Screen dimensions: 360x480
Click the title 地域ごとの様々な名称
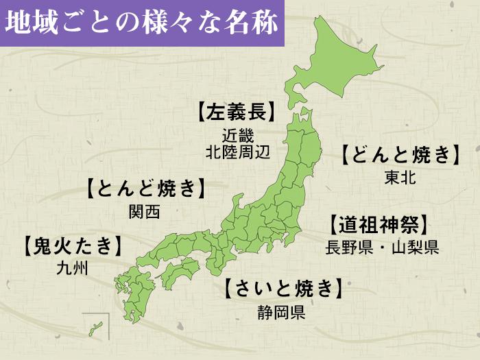(141, 23)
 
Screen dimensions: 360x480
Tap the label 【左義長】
(237, 112)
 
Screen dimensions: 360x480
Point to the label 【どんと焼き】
(400, 155)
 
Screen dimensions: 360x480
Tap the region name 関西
(144, 211)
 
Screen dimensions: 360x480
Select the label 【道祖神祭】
(379, 224)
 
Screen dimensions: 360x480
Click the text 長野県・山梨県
(382, 247)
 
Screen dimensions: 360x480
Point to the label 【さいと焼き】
(282, 289)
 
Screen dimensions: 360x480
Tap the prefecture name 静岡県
(281, 313)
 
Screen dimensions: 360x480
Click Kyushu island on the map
(134, 288)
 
